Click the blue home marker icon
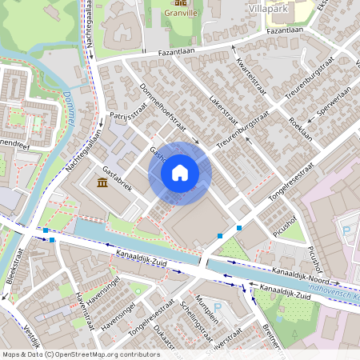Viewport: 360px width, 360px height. (180, 173)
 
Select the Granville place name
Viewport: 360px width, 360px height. (179, 13)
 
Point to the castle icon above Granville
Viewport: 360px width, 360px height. (179, 3)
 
